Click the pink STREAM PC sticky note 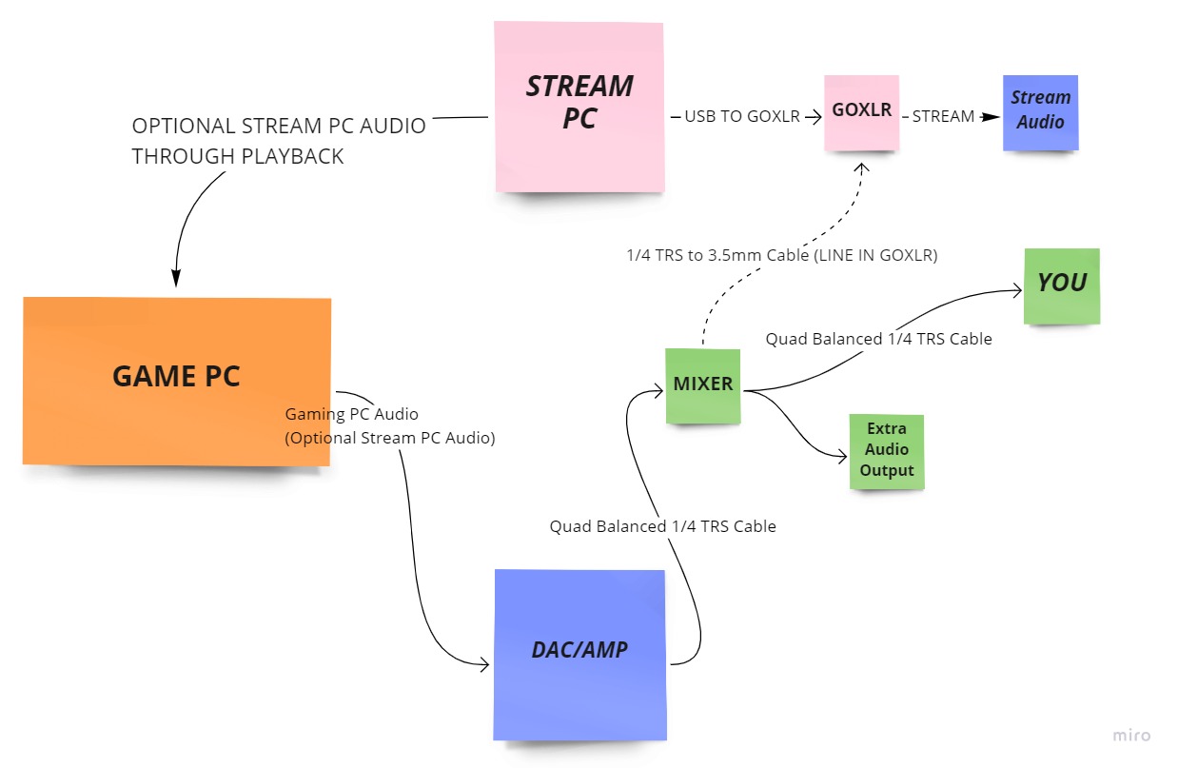coord(579,106)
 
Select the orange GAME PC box coord(177,380)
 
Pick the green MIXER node coord(703,385)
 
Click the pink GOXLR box coord(861,111)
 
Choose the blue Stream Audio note coord(1040,111)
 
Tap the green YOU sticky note coord(1062,285)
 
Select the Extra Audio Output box coord(887,451)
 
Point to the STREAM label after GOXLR coord(943,117)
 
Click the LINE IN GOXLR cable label coord(781,256)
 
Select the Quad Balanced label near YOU coord(878,339)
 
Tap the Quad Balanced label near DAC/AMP coord(662,526)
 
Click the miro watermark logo coord(1131,735)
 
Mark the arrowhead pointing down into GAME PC coord(176,279)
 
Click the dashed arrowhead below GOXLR coord(861,168)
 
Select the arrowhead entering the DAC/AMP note coord(482,664)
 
